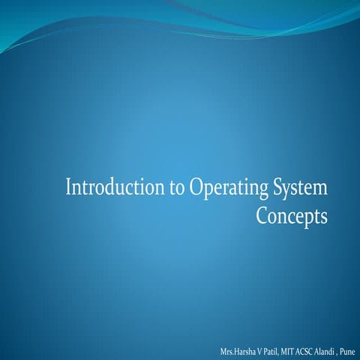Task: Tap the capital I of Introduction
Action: (69, 187)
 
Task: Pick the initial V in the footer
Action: (260, 351)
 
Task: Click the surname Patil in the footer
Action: (271, 351)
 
